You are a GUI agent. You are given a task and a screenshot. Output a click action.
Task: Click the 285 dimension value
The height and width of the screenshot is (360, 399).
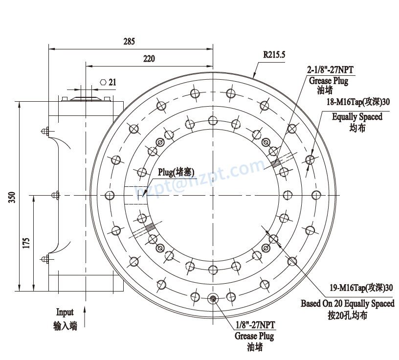[x=129, y=42]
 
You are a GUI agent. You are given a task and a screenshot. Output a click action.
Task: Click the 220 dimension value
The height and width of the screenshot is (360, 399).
[x=149, y=59]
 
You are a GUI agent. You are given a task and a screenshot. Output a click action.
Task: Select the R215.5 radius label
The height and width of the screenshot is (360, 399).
[x=274, y=55]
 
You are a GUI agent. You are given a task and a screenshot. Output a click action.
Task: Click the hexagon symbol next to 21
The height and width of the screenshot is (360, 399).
[x=103, y=82]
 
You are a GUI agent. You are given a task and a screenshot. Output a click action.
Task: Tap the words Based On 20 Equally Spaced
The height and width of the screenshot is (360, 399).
[x=347, y=303]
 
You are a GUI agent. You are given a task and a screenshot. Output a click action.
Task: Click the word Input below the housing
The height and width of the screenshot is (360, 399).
[x=65, y=312]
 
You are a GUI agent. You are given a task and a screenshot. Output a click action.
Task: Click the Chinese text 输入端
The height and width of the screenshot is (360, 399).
[x=65, y=326]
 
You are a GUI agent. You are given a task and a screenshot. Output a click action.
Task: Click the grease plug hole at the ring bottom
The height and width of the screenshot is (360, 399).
[x=213, y=298]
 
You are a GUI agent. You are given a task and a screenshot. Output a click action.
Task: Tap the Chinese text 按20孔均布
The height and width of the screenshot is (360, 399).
[x=347, y=316]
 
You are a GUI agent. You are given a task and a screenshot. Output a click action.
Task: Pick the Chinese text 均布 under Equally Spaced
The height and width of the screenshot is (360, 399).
[x=357, y=128]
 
